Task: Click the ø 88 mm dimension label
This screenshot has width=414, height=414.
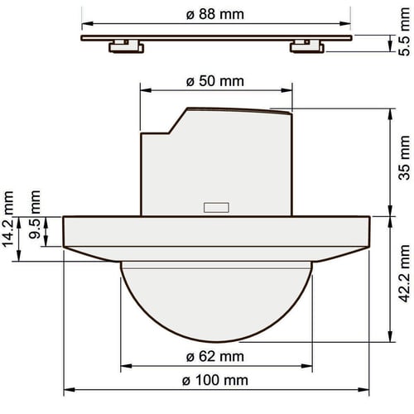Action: [215, 14]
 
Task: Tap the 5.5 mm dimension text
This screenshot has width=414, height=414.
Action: [405, 32]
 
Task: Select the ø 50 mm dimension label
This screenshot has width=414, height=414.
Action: [215, 81]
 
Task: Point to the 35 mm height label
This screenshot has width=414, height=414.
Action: [405, 158]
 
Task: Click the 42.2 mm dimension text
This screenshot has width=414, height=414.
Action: [405, 273]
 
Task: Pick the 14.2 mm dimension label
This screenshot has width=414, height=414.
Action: [7, 219]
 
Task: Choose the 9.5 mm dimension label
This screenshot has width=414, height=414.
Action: [35, 214]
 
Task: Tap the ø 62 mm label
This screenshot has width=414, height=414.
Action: [215, 357]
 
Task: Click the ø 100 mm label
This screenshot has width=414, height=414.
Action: [215, 380]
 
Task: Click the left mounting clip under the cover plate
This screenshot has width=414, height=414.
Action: [127, 46]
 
